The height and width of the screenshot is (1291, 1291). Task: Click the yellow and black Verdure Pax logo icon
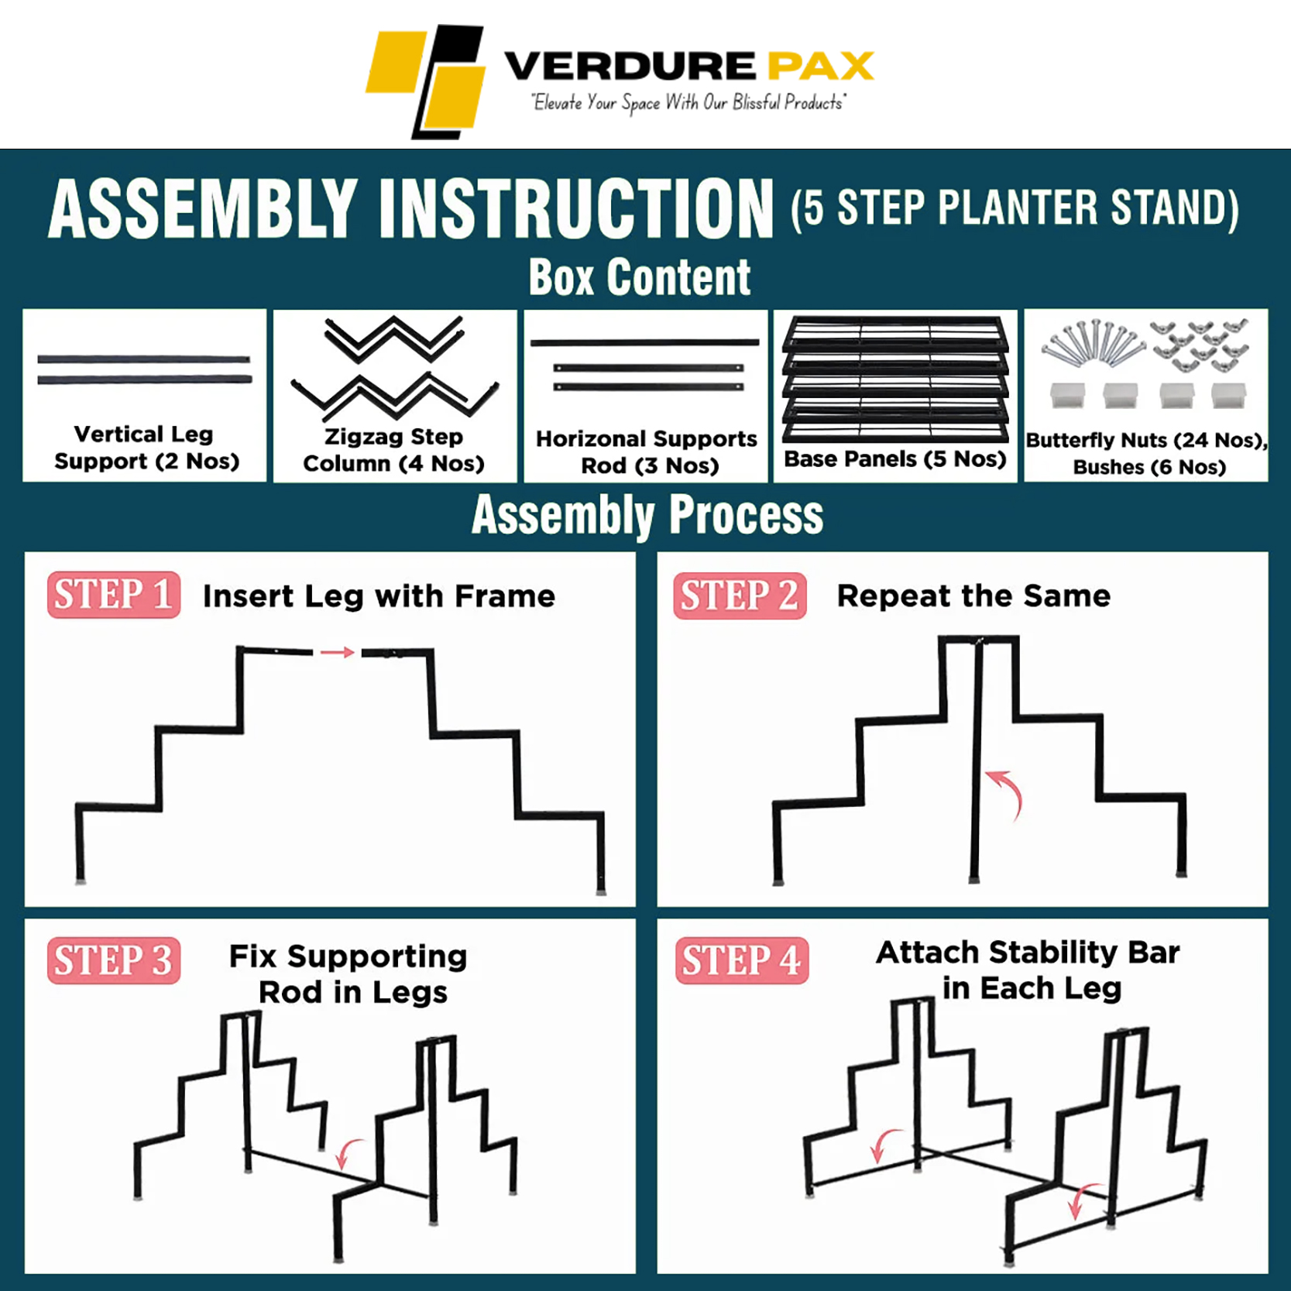click(x=426, y=81)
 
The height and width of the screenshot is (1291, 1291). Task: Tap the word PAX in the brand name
click(x=821, y=66)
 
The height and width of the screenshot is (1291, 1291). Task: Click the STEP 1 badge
click(x=114, y=595)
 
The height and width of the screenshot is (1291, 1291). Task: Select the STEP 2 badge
click(x=740, y=596)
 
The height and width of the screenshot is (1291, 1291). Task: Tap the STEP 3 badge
click(x=114, y=960)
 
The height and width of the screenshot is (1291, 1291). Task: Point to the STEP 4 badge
click(x=742, y=960)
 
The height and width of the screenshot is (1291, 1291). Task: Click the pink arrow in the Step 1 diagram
click(x=338, y=652)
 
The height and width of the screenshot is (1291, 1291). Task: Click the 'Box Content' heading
click(x=640, y=276)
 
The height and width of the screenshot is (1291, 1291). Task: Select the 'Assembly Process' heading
click(x=647, y=515)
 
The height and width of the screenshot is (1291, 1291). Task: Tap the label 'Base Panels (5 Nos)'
click(x=895, y=458)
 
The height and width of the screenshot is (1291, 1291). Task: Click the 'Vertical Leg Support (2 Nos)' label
click(x=146, y=448)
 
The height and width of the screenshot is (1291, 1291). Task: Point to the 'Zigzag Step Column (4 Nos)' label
click(x=393, y=450)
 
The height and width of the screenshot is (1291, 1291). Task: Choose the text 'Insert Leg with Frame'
click(x=379, y=596)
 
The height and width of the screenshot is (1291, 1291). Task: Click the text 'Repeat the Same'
click(x=973, y=596)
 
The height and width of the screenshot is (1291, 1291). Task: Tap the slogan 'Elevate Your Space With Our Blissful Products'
click(x=688, y=103)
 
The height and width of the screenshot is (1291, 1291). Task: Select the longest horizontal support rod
click(x=644, y=342)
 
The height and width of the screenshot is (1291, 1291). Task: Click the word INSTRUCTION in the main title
click(x=576, y=209)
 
